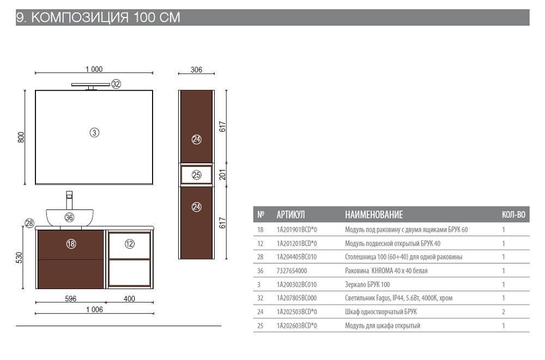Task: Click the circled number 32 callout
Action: click(x=116, y=84)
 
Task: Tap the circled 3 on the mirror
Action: click(x=94, y=133)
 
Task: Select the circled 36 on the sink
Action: click(x=69, y=218)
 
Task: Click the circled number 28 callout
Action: click(x=29, y=223)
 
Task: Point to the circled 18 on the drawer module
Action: click(x=71, y=244)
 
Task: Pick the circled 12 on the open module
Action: click(x=130, y=244)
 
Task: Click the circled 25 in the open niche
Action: click(x=197, y=175)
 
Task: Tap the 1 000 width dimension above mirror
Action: click(x=94, y=69)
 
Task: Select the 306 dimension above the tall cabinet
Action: click(x=196, y=70)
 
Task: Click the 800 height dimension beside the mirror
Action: click(x=21, y=137)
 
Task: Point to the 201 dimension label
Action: click(x=222, y=175)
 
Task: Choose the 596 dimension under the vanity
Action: click(x=70, y=298)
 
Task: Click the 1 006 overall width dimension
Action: click(x=94, y=309)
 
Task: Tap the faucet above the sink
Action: click(x=69, y=200)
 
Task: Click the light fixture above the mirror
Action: click(x=90, y=86)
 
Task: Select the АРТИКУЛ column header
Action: click(x=290, y=214)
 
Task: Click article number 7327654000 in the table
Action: click(x=292, y=271)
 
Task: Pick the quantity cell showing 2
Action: click(x=503, y=311)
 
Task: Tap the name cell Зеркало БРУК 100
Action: click(x=367, y=285)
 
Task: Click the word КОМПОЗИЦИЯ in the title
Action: click(x=80, y=17)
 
